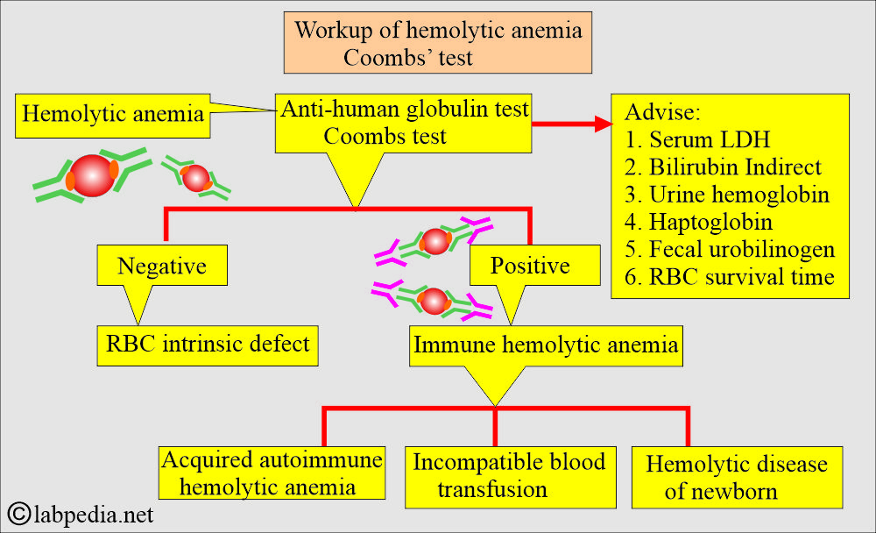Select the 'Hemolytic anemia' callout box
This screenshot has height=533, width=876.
(x=113, y=115)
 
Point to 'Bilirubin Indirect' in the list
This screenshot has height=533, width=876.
(x=724, y=167)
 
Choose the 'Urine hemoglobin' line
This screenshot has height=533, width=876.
(x=727, y=195)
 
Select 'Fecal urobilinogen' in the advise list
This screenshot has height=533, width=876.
(x=731, y=249)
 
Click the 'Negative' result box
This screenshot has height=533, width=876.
(x=163, y=265)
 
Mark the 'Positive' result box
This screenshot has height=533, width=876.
(x=531, y=265)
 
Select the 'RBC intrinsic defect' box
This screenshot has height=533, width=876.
(x=207, y=344)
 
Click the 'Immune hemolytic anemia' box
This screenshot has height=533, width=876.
(x=546, y=345)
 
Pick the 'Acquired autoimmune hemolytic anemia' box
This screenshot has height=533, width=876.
(x=271, y=473)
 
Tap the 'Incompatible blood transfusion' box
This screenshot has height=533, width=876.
(x=509, y=474)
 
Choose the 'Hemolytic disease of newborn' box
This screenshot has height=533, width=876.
(x=736, y=477)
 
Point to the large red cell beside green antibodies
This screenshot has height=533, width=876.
(x=93, y=175)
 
